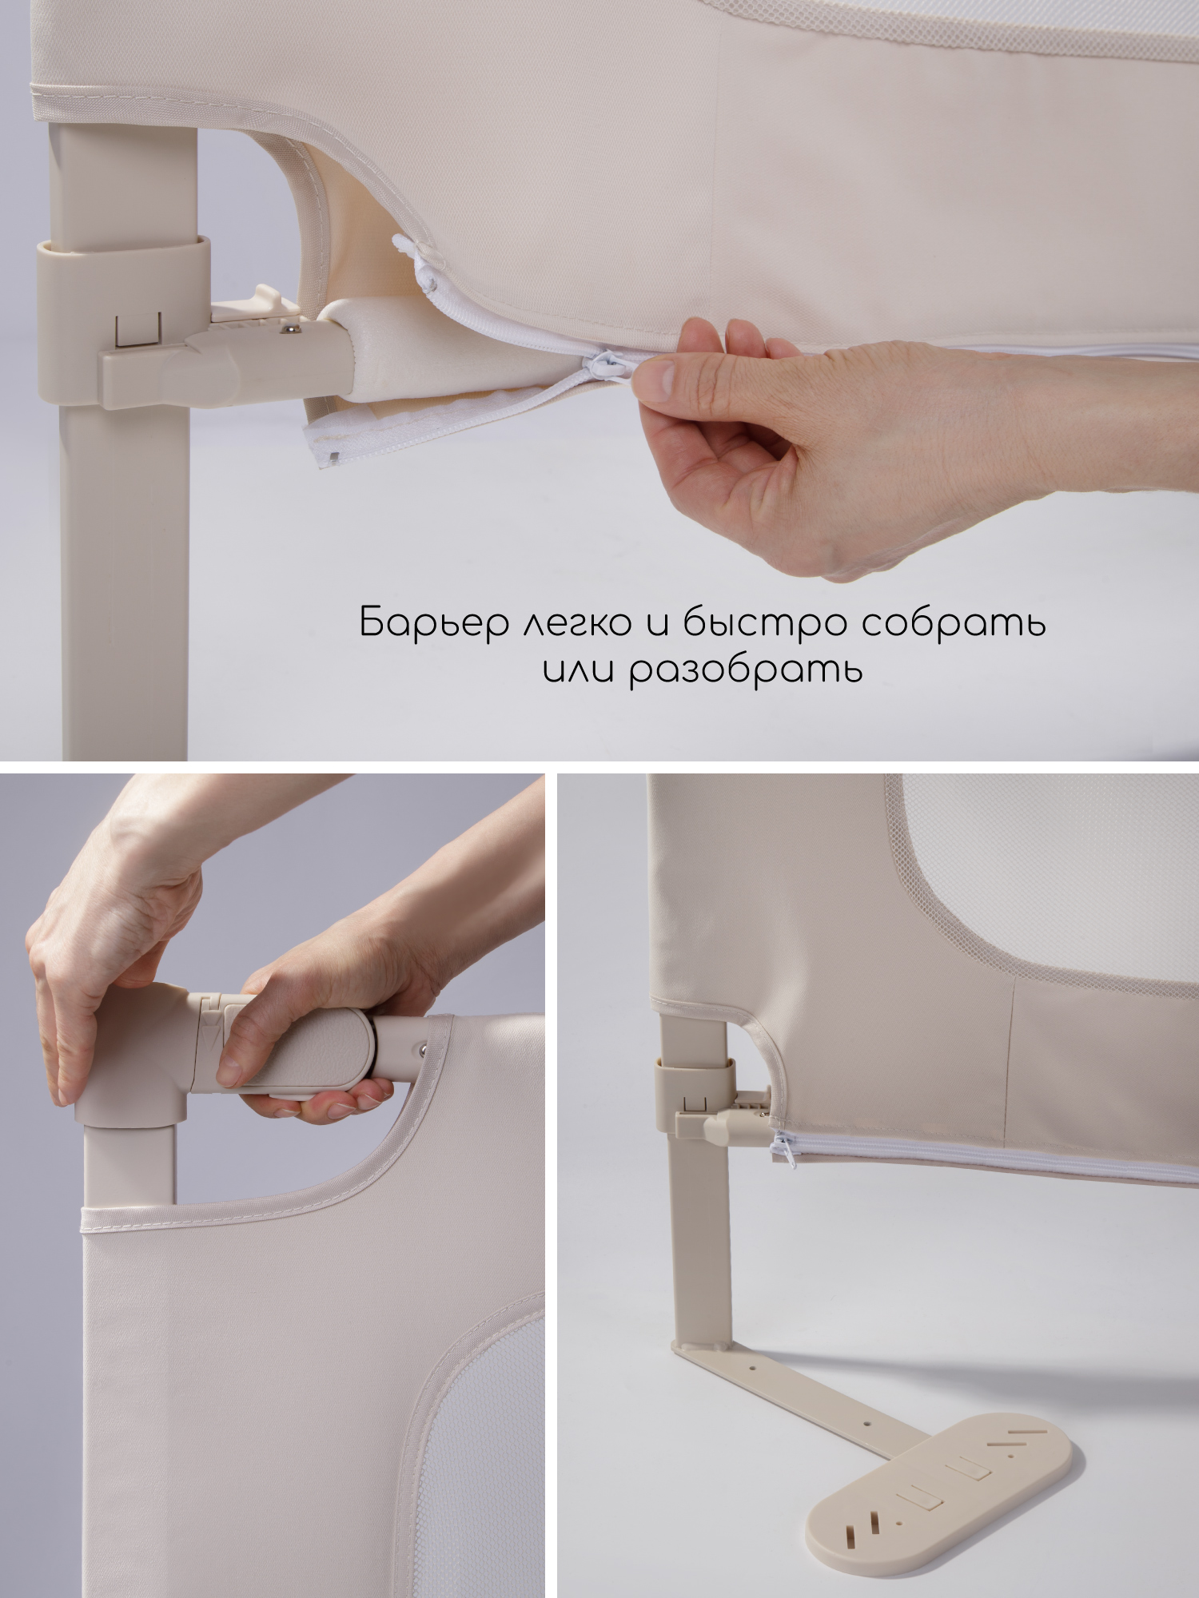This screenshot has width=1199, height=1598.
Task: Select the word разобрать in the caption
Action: pyautogui.click(x=746, y=669)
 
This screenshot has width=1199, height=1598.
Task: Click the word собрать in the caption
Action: pyautogui.click(x=953, y=622)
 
